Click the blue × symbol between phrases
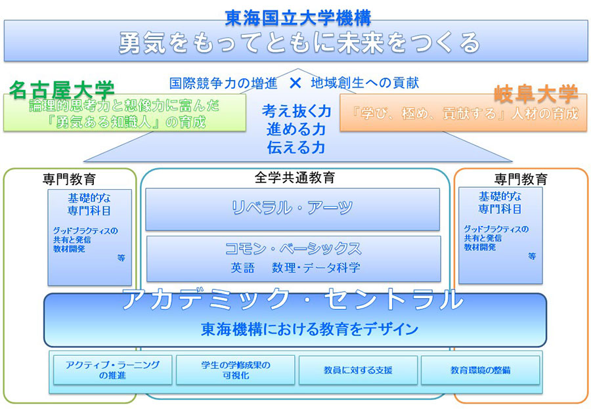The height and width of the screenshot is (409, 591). click(x=295, y=83)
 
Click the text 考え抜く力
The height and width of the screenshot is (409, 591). click(x=296, y=111)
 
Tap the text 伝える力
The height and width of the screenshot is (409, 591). click(x=296, y=148)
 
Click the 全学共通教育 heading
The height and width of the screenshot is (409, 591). click(x=295, y=178)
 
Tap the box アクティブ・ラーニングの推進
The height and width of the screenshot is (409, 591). click(x=109, y=370)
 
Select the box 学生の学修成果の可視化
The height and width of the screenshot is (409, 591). click(x=235, y=370)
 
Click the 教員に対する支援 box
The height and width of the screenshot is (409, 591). click(x=358, y=370)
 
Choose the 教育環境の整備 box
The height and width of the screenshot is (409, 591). click(x=480, y=370)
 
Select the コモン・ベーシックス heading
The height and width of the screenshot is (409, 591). click(x=293, y=248)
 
